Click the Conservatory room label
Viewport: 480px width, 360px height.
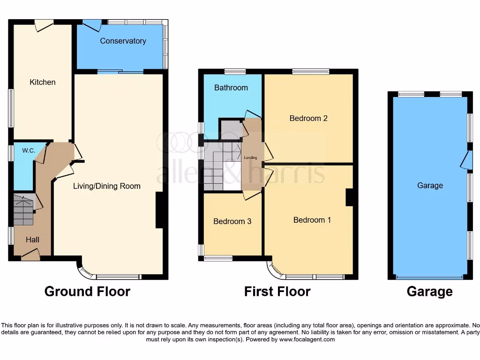(x=123, y=41)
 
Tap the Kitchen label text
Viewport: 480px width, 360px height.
(x=43, y=82)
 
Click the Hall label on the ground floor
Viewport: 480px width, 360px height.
(x=32, y=240)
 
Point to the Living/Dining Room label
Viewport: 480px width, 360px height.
(x=106, y=186)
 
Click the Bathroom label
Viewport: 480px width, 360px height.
(x=231, y=88)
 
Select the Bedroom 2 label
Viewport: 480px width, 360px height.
(x=308, y=119)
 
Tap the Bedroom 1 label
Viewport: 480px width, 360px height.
(x=312, y=220)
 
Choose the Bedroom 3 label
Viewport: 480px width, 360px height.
(x=232, y=221)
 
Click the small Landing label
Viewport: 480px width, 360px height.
(x=250, y=158)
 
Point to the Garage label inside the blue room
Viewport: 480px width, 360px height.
(x=430, y=186)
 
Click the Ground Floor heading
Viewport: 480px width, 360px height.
(x=87, y=292)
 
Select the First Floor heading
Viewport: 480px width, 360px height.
(x=277, y=292)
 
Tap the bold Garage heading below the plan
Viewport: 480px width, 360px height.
(x=429, y=292)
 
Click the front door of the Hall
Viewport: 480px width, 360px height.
(x=30, y=255)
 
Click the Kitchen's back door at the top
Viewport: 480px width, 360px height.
(x=44, y=24)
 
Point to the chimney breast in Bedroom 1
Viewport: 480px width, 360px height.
(x=349, y=197)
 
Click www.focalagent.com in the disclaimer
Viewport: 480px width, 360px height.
(x=307, y=339)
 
